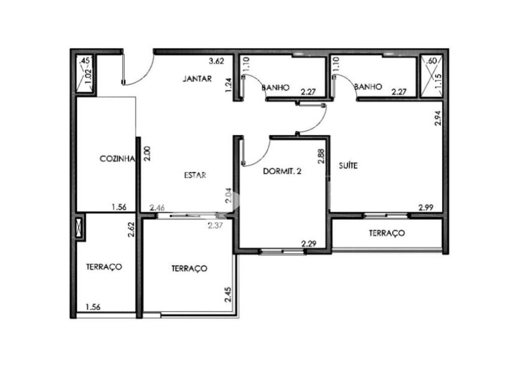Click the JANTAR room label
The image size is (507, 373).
(x=197, y=78)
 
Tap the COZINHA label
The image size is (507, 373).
(x=118, y=159)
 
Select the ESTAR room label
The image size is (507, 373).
(x=195, y=175)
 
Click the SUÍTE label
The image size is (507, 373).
(x=348, y=166)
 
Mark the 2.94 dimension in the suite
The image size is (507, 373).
(x=438, y=118)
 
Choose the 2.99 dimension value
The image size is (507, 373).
(x=426, y=207)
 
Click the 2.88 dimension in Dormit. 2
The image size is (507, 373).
(x=321, y=156)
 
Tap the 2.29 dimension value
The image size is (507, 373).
(x=309, y=244)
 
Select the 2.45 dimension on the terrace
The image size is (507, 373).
(x=227, y=295)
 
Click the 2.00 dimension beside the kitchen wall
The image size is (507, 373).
(x=147, y=153)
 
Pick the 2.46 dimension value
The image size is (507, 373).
(x=157, y=207)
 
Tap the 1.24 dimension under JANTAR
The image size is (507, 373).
(x=228, y=85)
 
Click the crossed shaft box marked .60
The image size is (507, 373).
(x=431, y=75)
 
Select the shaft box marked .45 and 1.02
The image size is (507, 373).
(x=85, y=74)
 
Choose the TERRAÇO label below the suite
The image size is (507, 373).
(x=387, y=233)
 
